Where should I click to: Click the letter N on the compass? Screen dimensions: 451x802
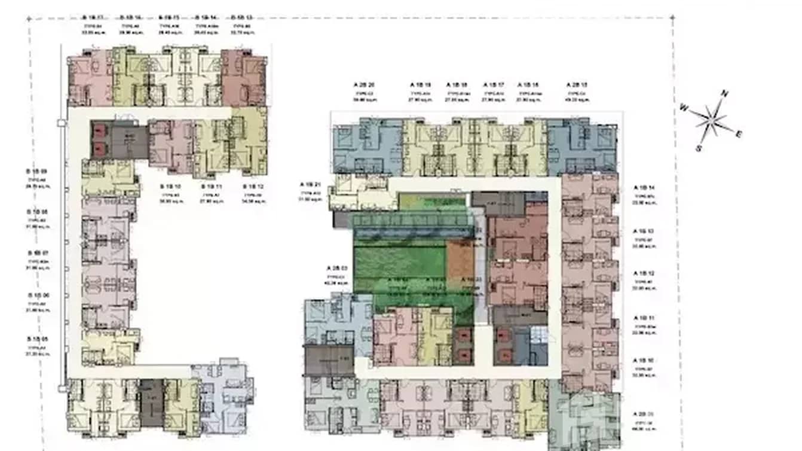(725, 93)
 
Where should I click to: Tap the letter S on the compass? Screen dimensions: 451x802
(698, 147)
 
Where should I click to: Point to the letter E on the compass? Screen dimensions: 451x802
(739, 135)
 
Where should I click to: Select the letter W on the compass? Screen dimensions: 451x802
(684, 107)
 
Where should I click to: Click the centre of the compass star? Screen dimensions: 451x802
(711, 120)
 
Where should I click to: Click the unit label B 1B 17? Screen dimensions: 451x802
(93, 17)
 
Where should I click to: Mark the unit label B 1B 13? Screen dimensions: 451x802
(241, 17)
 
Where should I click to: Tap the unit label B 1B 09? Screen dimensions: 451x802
(36, 172)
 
